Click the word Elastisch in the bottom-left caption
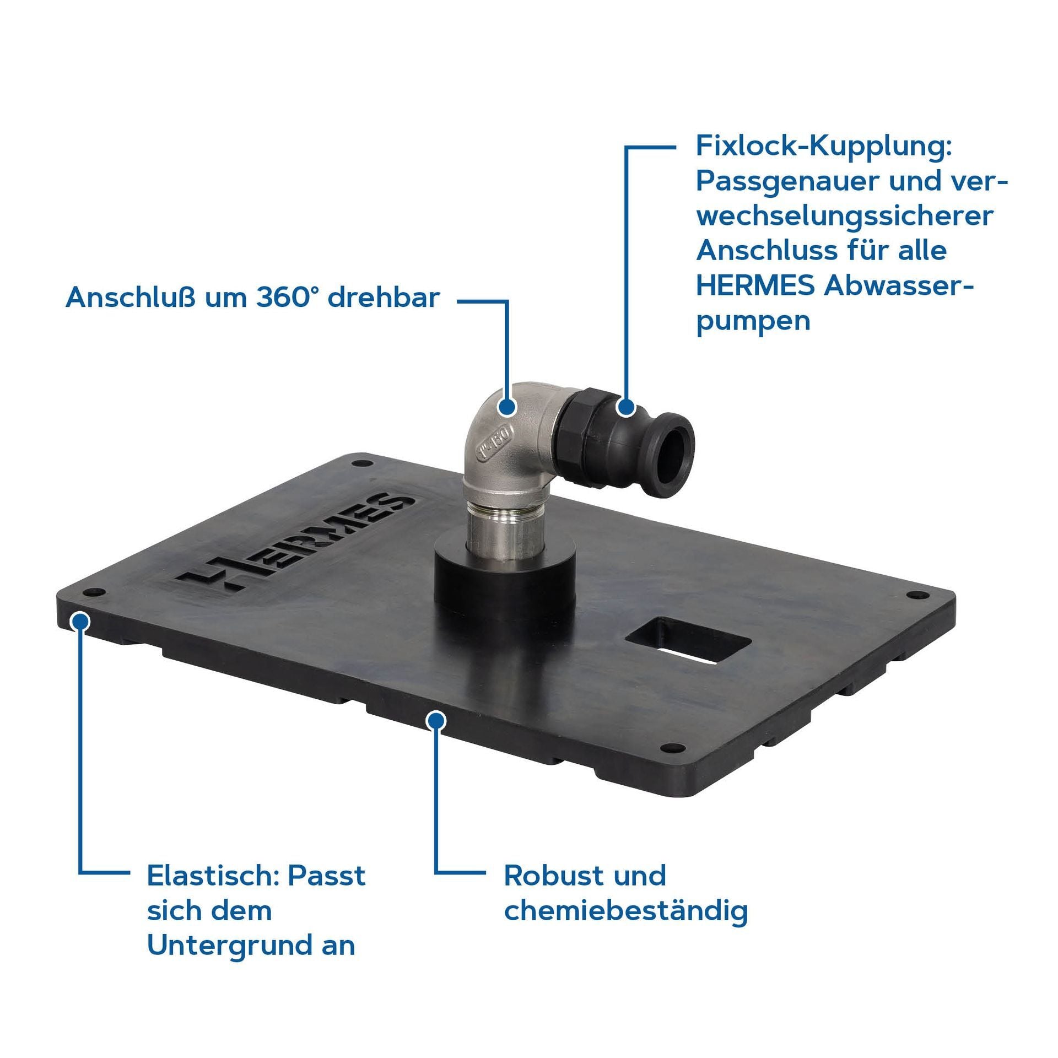pos(213,875)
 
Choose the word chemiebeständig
pos(626,910)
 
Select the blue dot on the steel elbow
pos(506,407)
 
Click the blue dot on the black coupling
pos(625,407)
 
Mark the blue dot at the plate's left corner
pos(81,621)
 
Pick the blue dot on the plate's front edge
pos(436,720)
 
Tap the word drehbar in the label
pos(384,298)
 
